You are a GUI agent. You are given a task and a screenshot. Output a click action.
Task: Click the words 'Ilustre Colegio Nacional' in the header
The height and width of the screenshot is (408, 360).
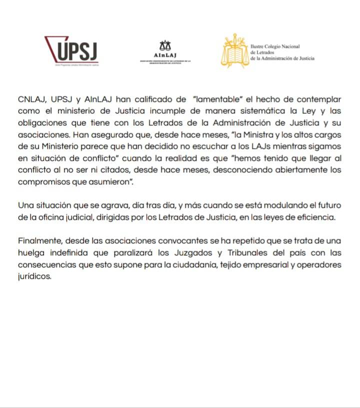tap(275, 46)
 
